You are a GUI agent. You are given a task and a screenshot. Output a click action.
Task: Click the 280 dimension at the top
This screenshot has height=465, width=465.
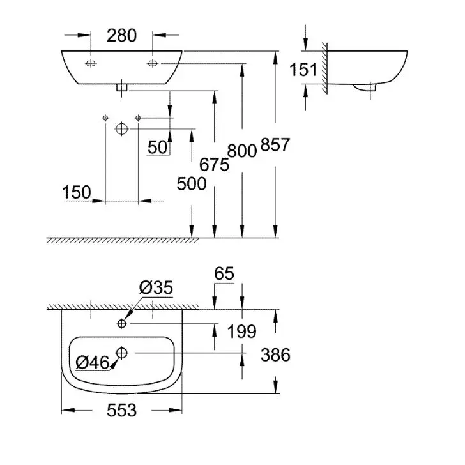[121, 36]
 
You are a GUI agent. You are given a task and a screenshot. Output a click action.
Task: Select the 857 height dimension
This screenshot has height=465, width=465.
[276, 146]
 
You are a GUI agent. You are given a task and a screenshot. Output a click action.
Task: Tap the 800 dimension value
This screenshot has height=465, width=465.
[242, 151]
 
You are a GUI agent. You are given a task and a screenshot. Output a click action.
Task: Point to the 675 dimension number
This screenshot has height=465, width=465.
[215, 165]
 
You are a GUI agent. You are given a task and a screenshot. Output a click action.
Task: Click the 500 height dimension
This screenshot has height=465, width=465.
[192, 184]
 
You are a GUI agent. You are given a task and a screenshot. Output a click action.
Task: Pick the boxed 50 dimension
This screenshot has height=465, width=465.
[158, 147]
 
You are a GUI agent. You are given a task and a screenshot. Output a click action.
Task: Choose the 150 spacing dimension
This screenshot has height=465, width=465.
[77, 192]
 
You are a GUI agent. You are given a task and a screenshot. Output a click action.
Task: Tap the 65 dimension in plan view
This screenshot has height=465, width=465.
[224, 274]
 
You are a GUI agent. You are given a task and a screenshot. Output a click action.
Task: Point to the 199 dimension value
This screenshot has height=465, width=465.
[242, 332]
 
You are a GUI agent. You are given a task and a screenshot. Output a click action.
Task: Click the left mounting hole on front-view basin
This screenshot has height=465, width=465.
[91, 63]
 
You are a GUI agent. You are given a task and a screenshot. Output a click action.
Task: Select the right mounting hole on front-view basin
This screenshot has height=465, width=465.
[153, 63]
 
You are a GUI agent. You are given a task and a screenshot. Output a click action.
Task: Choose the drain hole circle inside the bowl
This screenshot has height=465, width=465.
[122, 352]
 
